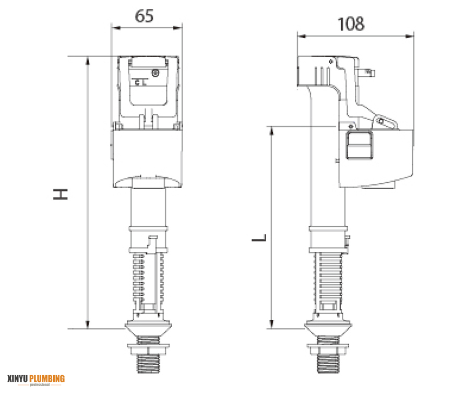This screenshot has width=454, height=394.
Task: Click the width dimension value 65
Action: coord(145,16)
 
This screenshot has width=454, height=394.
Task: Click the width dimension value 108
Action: coord(351,24)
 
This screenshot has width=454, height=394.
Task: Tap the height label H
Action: coord(62,194)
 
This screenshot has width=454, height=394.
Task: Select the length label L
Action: coord(259,238)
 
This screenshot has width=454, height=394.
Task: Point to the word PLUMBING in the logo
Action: coord(47,378)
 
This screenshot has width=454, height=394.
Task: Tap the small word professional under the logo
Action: coord(40,385)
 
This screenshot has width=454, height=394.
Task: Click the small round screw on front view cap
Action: coord(154,72)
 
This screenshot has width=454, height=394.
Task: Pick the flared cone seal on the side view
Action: coord(328,330)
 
